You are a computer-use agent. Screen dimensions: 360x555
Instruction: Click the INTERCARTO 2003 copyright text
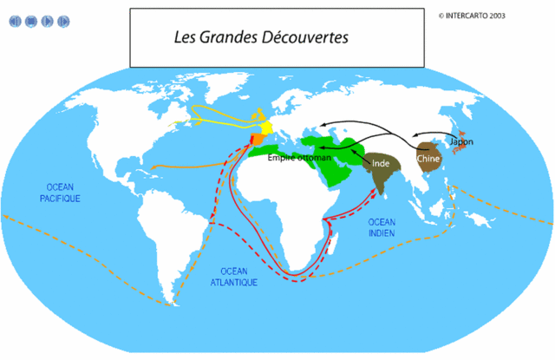pyautogui.click(x=473, y=15)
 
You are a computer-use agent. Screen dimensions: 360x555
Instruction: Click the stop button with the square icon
pyautogui.click(x=30, y=21)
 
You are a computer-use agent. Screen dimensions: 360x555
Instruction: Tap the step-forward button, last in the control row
pyautogui.click(x=63, y=21)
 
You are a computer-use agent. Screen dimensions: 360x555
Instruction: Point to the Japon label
pyautogui.click(x=460, y=141)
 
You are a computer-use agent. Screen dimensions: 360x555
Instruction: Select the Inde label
pyautogui.click(x=382, y=163)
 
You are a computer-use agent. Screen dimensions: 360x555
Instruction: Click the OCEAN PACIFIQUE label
pyautogui.click(x=60, y=193)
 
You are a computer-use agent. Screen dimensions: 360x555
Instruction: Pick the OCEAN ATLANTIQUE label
pyautogui.click(x=232, y=276)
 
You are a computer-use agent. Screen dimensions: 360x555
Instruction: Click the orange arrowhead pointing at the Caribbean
pyautogui.click(x=153, y=168)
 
